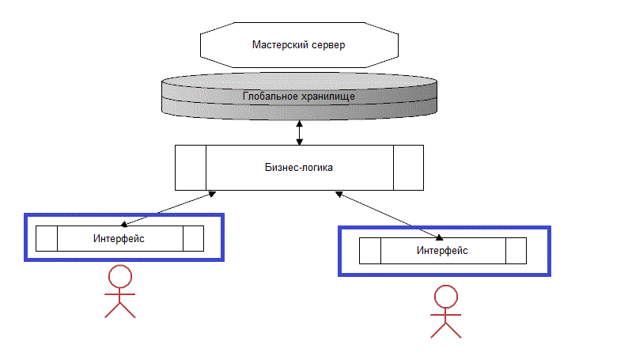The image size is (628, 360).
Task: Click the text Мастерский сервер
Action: tap(298, 45)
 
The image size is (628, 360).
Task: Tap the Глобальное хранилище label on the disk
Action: tap(298, 97)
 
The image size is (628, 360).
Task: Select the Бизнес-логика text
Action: tap(298, 168)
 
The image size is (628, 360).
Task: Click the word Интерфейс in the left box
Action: tap(119, 237)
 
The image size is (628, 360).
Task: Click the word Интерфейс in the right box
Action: tap(442, 251)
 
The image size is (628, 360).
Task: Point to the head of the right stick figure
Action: tap(445, 297)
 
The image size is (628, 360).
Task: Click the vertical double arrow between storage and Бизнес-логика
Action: tap(299, 132)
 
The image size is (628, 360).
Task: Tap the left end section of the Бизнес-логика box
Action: tap(190, 168)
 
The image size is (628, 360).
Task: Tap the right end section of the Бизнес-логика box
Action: tap(407, 168)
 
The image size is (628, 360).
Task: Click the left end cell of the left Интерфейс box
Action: tap(47, 238)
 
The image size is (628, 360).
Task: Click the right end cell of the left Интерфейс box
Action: tap(193, 238)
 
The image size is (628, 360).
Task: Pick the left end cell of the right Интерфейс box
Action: tap(370, 251)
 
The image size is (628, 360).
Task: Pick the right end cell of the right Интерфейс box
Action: tap(516, 251)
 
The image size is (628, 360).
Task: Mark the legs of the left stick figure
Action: tap(120, 309)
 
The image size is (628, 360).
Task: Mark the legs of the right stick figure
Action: tap(445, 329)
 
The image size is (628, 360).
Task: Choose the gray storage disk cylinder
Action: tap(198, 99)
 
